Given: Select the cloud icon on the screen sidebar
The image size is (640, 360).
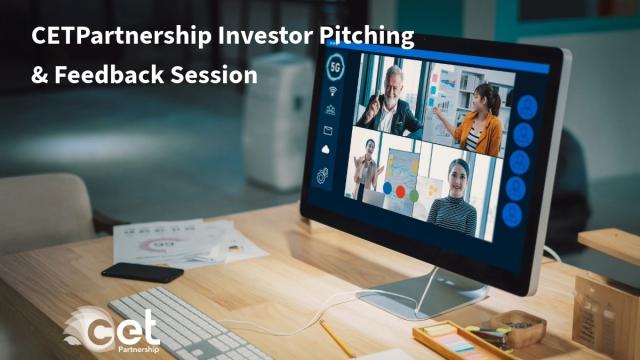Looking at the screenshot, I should (x=328, y=150).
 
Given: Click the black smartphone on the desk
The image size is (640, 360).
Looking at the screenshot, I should (x=142, y=272).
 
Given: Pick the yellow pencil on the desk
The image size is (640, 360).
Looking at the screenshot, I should (x=336, y=338).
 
